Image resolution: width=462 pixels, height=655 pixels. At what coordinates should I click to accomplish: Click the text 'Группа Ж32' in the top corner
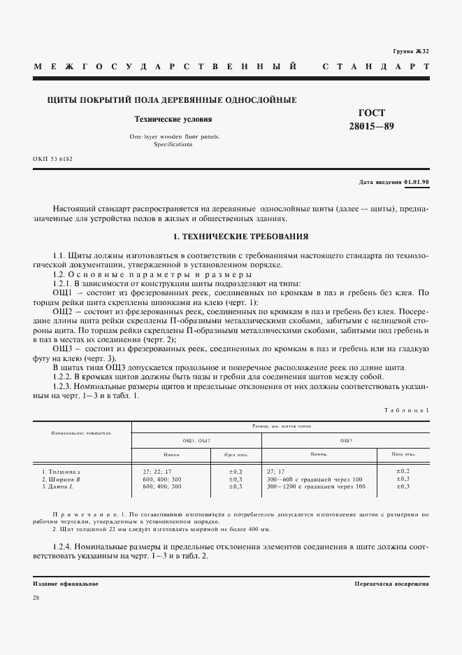click(411, 52)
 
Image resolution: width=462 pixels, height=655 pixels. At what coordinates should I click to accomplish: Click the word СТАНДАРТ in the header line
click(375, 67)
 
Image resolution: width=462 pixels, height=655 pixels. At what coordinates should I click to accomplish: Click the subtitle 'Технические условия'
click(173, 120)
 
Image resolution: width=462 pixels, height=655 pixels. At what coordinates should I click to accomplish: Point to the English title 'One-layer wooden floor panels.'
click(174, 136)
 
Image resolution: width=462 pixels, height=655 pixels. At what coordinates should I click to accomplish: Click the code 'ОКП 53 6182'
click(52, 159)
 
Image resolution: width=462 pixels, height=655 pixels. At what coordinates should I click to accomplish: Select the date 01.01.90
click(417, 182)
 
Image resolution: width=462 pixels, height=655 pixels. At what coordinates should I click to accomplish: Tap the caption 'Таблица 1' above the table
click(408, 410)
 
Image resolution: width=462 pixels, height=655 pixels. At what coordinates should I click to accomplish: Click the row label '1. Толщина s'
click(62, 472)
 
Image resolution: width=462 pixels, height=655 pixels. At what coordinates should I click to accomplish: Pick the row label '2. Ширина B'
click(62, 479)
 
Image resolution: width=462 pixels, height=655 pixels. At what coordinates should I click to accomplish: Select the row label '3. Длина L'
click(59, 486)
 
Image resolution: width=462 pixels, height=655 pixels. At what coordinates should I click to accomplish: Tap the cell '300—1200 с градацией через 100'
click(315, 486)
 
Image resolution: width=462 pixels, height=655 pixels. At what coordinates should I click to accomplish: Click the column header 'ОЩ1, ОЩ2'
click(196, 440)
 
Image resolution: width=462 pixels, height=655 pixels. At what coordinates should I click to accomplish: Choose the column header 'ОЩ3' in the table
click(345, 440)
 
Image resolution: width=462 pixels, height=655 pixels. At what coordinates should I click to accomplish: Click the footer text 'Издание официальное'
click(66, 583)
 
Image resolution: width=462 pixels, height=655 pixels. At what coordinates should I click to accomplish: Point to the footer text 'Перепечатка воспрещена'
click(391, 583)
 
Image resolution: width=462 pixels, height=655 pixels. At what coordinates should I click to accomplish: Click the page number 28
click(36, 597)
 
